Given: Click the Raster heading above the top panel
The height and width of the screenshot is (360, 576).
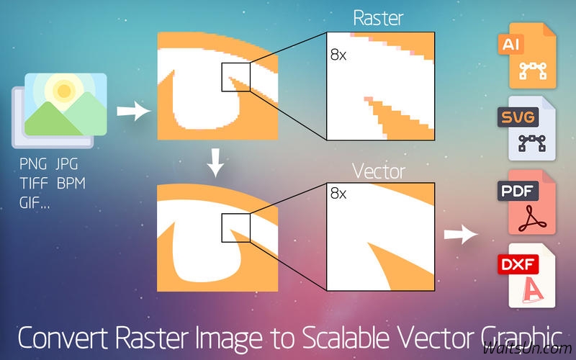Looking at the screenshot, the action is pos(378,18).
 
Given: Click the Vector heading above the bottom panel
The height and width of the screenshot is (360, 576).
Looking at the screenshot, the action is pos(379,171).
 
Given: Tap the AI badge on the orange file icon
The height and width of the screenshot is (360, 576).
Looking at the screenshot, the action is pos(510,44).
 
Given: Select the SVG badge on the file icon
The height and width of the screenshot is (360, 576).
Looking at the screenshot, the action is pos(518,117).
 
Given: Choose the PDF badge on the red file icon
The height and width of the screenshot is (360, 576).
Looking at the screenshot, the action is pos(518,191).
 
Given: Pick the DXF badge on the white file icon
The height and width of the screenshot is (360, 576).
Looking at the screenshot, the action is pos(518,264).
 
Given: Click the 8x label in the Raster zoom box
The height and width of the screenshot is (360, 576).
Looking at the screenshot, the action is pos(338,55).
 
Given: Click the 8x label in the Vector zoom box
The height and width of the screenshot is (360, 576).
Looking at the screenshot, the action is pos(338,193).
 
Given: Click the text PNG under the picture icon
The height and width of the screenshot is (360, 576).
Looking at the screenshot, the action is pos(33,164).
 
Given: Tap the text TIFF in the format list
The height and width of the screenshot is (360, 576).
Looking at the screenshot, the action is pos(34,183).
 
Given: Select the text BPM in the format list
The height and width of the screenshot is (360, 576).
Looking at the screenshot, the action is pos(71,183).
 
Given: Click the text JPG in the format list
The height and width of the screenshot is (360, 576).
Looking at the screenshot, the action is pos(67,164).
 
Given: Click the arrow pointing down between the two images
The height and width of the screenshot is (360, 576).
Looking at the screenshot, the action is pos(215,163).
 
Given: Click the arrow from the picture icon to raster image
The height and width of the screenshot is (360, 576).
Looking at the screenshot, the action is pos(134,111).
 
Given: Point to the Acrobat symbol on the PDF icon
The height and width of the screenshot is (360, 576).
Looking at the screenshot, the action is pos(532,219).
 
